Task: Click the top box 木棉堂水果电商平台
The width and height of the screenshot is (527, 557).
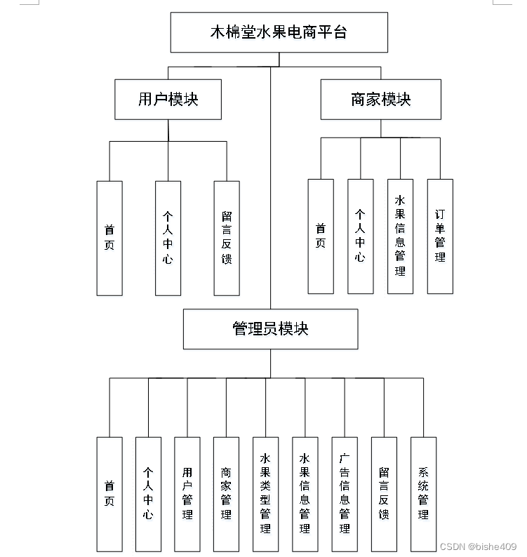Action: [x=279, y=32]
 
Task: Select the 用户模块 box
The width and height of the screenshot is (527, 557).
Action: [x=168, y=99]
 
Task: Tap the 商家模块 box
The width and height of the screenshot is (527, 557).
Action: [x=380, y=99]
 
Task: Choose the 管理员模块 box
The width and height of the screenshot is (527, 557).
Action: [x=270, y=328]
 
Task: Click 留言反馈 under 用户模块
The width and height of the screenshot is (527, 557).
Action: [x=227, y=238]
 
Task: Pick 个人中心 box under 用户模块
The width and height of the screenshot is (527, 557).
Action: [x=168, y=238]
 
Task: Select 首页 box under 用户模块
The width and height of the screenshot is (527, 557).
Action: [x=109, y=238]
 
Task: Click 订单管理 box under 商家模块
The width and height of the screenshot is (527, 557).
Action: [x=440, y=236]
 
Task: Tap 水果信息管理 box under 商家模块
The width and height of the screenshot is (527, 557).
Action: [x=400, y=236]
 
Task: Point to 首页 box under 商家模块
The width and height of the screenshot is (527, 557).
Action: [x=321, y=236]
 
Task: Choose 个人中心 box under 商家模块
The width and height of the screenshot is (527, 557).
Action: [x=360, y=236]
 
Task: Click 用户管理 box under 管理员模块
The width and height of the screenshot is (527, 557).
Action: [x=187, y=494]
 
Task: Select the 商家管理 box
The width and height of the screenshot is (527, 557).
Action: [x=226, y=494]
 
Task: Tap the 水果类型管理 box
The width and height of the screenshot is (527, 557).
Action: [x=265, y=494]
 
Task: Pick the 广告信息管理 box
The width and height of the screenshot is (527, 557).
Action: [x=345, y=494]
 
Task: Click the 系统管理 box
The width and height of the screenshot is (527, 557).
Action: [x=423, y=494]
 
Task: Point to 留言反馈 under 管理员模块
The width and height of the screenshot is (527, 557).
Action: [x=384, y=494]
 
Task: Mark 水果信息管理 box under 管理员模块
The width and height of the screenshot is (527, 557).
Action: [x=305, y=494]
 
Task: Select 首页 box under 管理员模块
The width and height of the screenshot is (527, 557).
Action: [x=109, y=494]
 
